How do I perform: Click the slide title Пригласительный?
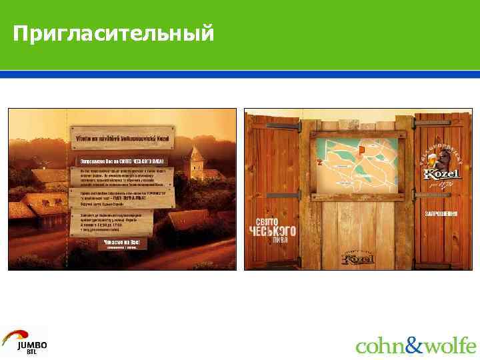tap(113, 33)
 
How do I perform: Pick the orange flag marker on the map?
tap(361, 149)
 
